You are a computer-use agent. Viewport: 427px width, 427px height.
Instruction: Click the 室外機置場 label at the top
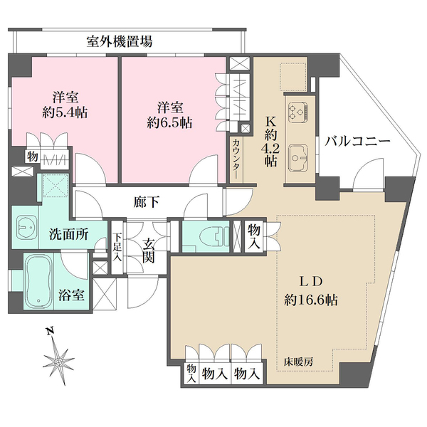click(x=119, y=41)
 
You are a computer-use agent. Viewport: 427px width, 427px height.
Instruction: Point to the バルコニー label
click(x=358, y=142)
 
